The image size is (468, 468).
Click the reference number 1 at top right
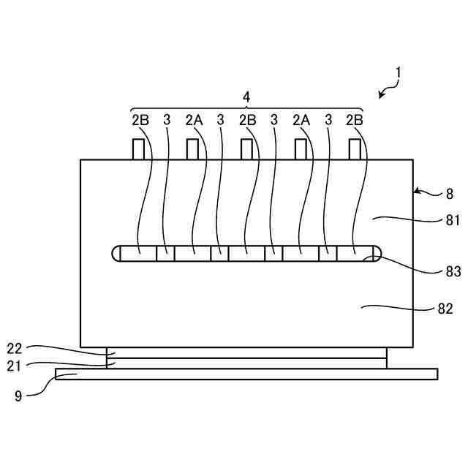coord(399,72)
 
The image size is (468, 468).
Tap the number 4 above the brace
coord(246,97)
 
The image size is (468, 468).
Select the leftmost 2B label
coord(140,119)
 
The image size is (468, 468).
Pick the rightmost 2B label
coord(355,119)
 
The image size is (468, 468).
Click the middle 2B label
coord(247,119)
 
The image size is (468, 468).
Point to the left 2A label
coord(194,119)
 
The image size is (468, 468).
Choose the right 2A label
coord(301,119)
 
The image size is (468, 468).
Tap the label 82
coord(445,309)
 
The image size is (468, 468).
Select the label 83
coord(453,271)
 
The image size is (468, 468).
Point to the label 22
coord(15,347)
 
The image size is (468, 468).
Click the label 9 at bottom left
coord(19,396)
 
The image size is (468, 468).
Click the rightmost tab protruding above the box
coord(355,149)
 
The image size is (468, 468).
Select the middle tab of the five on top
coord(247,149)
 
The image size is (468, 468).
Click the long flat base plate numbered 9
coord(246,374)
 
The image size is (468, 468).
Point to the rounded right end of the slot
coord(374,253)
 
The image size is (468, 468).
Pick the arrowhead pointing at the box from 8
coord(418,192)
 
